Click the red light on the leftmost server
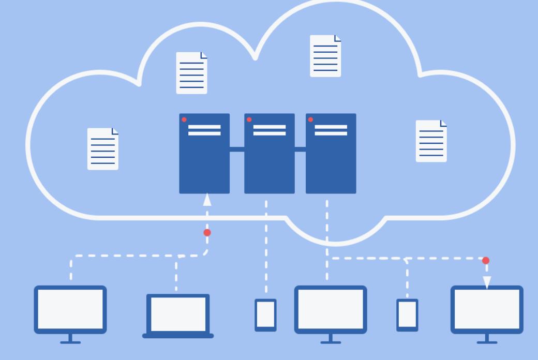point(184,119)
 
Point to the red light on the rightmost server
point(310,119)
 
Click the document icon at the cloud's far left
point(102,149)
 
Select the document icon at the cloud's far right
point(431,141)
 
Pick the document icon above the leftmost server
point(191,73)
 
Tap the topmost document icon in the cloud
point(325,56)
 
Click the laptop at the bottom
point(178,316)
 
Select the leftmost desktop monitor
point(70,310)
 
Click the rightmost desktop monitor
point(487,310)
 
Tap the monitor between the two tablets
point(331,310)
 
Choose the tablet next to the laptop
point(265,315)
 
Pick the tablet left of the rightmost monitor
point(407,315)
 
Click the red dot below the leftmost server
point(207,233)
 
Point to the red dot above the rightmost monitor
point(485,261)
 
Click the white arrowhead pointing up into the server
point(207,200)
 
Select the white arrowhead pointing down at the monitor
point(487,282)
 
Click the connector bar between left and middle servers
point(237,149)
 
